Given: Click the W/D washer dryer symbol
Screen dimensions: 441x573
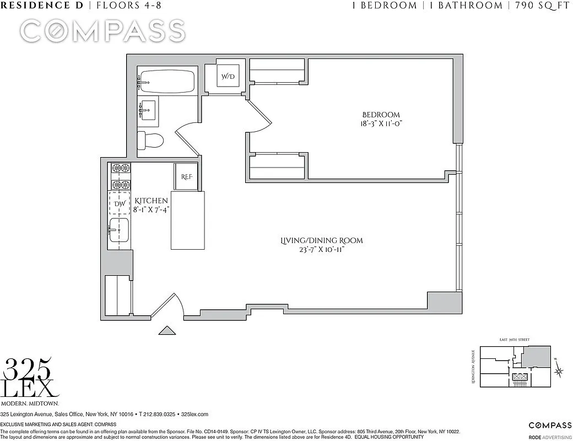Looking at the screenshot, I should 228,77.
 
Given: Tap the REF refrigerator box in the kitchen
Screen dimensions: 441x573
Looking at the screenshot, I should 186,177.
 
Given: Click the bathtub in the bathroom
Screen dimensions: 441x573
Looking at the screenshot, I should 166,82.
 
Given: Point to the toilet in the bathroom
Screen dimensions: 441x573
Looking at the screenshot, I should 150,141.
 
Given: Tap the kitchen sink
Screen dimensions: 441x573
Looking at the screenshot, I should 118,229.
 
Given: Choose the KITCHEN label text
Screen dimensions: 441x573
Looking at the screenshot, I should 151,201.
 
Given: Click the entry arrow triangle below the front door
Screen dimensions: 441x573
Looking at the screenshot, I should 167,331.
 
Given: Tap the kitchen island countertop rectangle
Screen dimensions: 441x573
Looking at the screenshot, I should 187,220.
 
